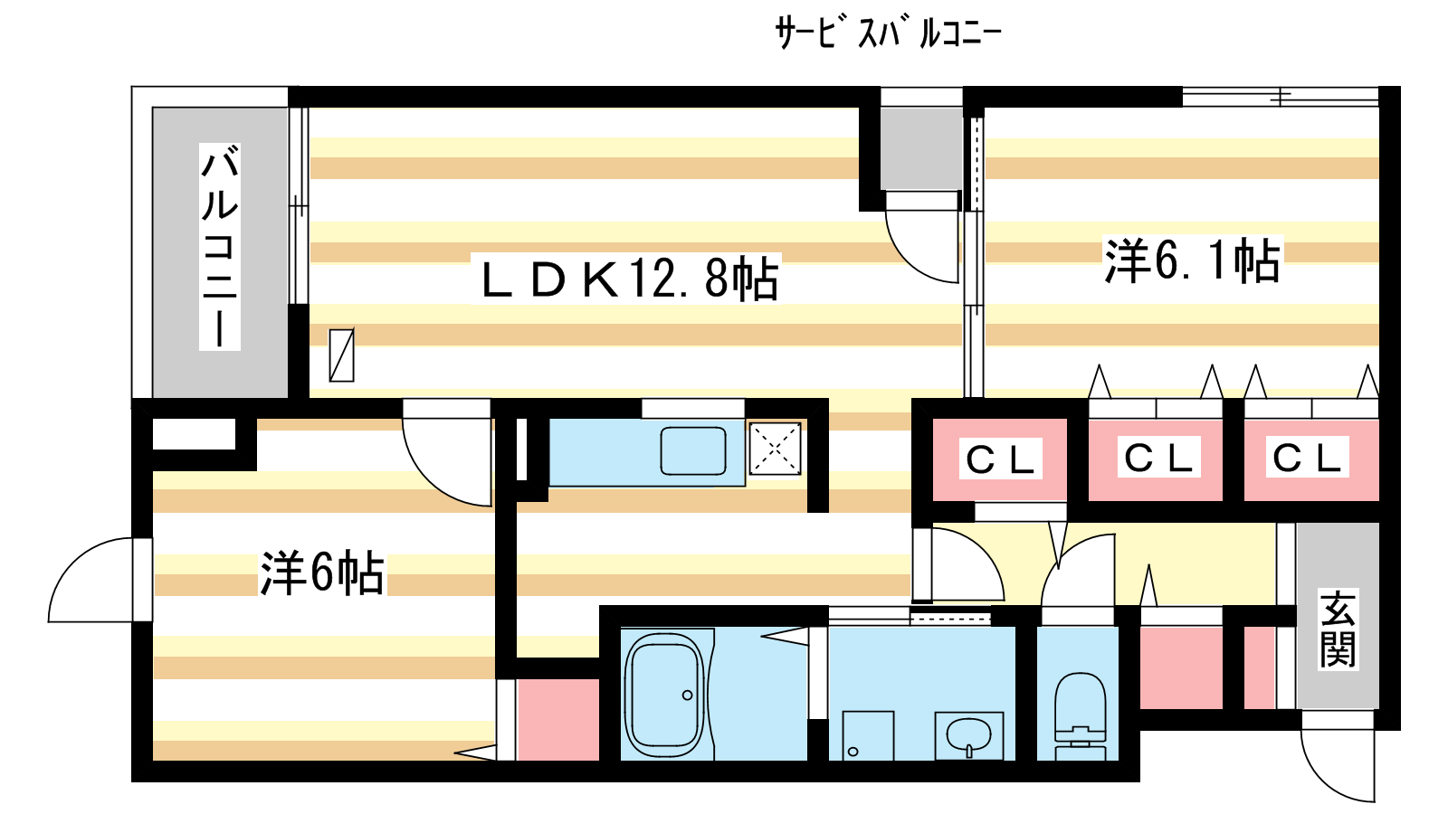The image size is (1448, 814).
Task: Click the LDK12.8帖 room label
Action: pyautogui.click(x=629, y=279)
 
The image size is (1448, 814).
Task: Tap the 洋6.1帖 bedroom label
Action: pyautogui.click(x=1192, y=260)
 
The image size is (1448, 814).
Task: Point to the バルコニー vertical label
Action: pyautogui.click(x=220, y=246)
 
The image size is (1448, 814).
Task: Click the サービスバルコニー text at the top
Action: pyautogui.click(x=888, y=33)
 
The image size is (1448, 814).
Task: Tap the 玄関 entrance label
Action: pyautogui.click(x=1337, y=629)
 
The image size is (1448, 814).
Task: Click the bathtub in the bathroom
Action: pyautogui.click(x=665, y=695)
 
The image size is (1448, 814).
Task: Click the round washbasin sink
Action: pyautogui.click(x=968, y=734)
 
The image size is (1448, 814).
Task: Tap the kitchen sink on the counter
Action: pyautogui.click(x=693, y=450)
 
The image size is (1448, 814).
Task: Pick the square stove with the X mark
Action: pyautogui.click(x=775, y=449)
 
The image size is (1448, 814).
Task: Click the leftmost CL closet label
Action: pyautogui.click(x=1000, y=459)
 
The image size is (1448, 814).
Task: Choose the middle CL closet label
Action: pyautogui.click(x=1157, y=458)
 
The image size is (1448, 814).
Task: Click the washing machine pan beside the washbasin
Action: pyautogui.click(x=868, y=735)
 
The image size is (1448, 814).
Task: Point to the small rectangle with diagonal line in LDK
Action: pyautogui.click(x=341, y=355)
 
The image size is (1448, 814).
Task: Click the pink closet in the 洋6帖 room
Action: pyautogui.click(x=557, y=719)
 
